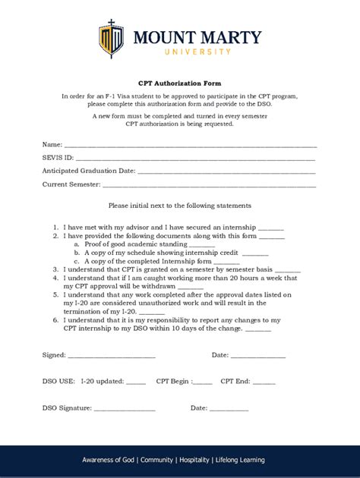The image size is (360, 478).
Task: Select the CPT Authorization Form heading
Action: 179,83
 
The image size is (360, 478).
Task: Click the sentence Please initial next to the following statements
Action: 179,206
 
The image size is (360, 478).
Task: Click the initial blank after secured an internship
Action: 271,228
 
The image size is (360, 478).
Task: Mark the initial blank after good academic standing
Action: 202,244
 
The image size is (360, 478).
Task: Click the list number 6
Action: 55,320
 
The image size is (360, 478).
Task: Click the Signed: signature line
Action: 112,356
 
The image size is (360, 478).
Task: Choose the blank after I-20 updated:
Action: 135,382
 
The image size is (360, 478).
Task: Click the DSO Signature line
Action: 125,409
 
